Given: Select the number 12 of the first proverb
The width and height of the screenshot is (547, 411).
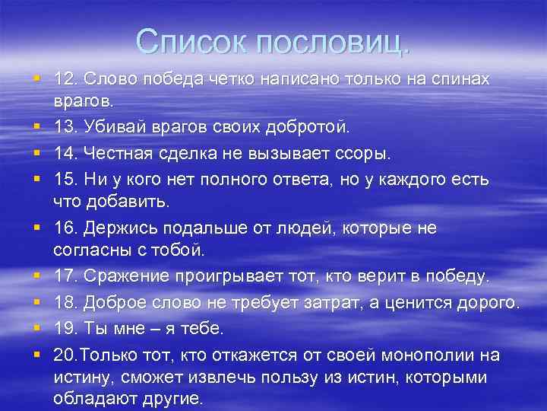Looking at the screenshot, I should (64, 79).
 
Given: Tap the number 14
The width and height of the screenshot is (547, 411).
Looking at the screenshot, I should (64, 154).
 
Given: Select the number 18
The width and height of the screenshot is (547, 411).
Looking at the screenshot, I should (64, 302).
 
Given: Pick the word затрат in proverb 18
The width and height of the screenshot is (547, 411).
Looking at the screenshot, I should (358, 302).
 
